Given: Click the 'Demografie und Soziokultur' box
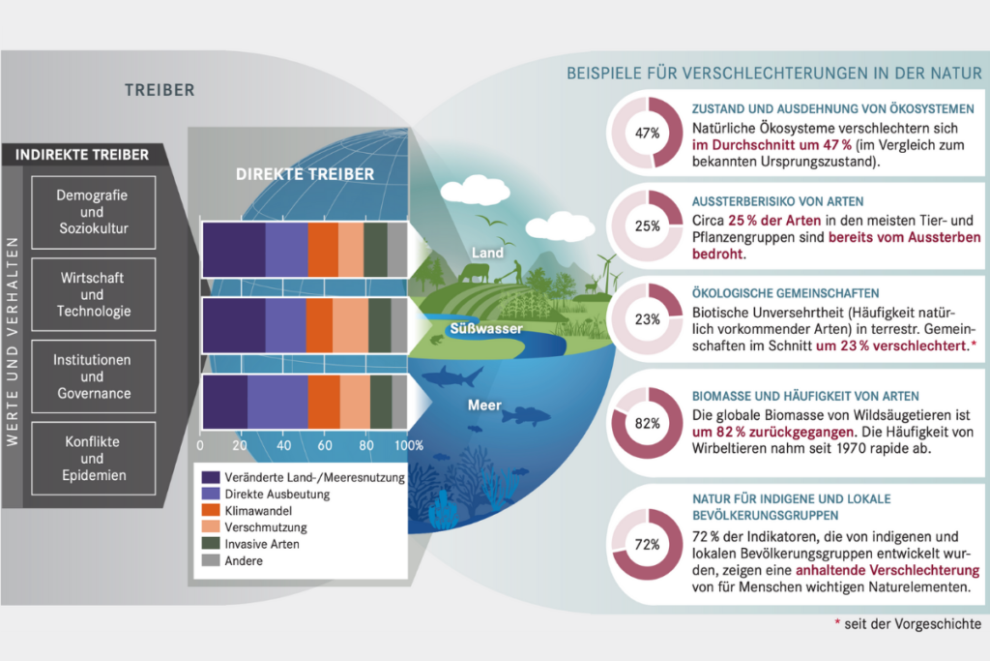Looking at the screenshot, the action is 94,212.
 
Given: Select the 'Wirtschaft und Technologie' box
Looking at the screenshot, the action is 94,294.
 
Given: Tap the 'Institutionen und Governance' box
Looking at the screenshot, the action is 94,376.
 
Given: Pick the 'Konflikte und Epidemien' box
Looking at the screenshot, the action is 94,458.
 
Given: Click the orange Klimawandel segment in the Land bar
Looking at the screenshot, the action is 323,250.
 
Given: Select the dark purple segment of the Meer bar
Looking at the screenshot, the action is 225,402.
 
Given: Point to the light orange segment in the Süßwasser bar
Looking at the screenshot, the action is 350,325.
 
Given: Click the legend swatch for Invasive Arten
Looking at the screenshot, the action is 210,544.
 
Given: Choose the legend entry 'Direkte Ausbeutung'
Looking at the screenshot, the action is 277,495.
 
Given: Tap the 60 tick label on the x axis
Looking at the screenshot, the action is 325,445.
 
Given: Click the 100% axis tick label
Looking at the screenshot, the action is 409,445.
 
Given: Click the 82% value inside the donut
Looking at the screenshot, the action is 647,423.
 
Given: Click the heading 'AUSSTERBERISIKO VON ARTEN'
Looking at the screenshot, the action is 777,201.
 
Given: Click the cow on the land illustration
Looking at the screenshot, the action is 474,273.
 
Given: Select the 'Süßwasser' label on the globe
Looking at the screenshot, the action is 486,329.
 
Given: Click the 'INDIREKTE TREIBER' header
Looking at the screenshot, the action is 82,155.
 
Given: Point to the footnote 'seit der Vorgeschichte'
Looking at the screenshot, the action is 913,624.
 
